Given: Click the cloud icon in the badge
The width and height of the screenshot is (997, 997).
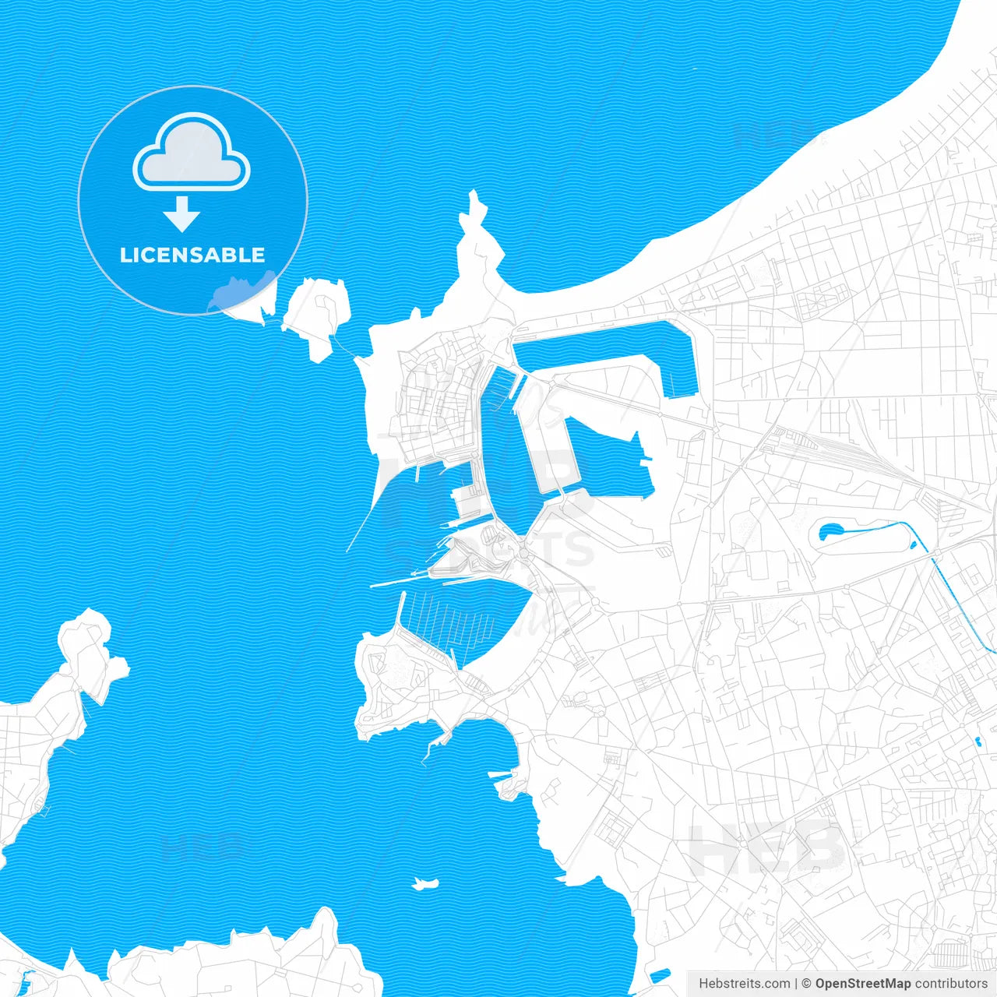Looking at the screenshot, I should tap(192, 153).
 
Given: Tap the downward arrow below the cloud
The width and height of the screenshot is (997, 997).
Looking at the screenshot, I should tap(182, 214).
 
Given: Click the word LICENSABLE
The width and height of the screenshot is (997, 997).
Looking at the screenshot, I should tap(192, 255).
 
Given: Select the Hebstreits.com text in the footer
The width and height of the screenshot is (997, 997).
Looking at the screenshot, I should tap(744, 984).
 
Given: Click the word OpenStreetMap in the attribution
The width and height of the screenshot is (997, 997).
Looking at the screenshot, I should tap(862, 984).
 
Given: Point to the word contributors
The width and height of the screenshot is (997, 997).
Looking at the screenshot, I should tap(951, 984).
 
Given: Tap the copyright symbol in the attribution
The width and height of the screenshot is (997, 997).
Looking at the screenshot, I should tap(806, 984).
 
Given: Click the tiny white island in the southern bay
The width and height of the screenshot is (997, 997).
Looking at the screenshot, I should tap(425, 883).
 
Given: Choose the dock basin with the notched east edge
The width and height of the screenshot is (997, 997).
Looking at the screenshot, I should tap(608, 460).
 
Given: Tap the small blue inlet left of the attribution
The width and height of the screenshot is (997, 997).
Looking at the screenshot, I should tap(659, 974).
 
